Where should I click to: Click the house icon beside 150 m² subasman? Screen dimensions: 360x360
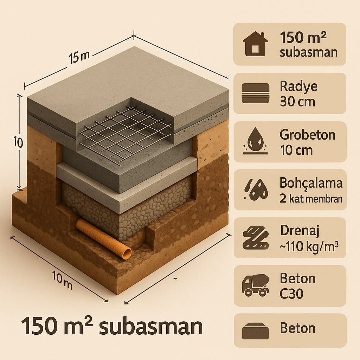(255, 44)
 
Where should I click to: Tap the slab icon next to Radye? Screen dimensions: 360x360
(256, 93)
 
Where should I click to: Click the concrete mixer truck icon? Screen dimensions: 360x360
(256, 285)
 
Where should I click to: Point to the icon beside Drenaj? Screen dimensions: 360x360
(256, 238)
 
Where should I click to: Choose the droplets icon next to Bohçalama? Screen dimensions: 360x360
(256, 190)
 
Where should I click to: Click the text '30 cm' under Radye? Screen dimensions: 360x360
(297, 102)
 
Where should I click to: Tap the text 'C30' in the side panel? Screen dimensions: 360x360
(291, 293)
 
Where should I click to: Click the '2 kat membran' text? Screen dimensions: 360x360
(311, 198)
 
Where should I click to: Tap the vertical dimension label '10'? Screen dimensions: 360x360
(18, 142)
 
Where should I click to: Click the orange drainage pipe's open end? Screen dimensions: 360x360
(126, 253)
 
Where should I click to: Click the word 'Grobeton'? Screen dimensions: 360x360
(307, 135)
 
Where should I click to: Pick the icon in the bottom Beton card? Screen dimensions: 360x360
(256, 331)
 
